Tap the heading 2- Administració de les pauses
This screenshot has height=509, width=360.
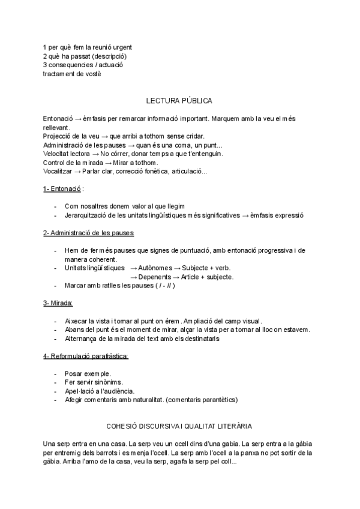pyautogui.click(x=88, y=232)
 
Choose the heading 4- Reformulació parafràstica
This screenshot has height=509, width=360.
pyautogui.click(x=85, y=356)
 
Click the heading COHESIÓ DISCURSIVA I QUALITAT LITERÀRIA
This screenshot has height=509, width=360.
pyautogui.click(x=179, y=426)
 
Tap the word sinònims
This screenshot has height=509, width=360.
pyautogui.click(x=107, y=382)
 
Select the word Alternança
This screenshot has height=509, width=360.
pyautogui.click(x=80, y=339)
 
